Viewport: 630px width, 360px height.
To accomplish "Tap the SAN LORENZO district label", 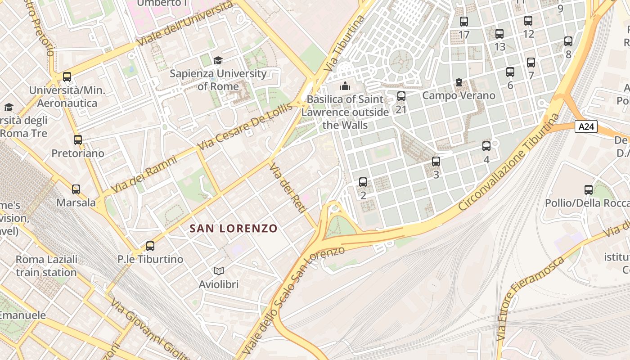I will pos(234,229).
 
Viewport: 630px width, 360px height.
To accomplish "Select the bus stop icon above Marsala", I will pos(76,189).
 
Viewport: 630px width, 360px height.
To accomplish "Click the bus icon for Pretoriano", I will pos(78,140).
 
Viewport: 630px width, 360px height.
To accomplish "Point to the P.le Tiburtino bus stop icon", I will pos(150,246).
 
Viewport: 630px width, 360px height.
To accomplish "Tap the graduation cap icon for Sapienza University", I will pos(218,60).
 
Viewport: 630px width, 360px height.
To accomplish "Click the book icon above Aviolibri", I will pos(219,271).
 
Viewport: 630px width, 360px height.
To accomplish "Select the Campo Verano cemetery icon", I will pos(459,82).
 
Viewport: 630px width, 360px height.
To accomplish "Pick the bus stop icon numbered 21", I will pos(401,96).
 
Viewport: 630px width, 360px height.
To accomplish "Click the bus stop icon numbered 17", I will pos(464,21).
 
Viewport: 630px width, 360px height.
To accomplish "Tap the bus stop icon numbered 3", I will pos(436,162).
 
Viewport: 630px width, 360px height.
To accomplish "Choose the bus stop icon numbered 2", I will pos(363,182).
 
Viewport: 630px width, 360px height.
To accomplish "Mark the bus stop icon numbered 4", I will pos(486,146).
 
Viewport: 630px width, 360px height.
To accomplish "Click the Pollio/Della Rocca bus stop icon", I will pos(589,190).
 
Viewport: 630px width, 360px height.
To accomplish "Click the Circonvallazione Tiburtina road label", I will pos(509,162).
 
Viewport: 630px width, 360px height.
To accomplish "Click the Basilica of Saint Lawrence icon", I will pos(345,86).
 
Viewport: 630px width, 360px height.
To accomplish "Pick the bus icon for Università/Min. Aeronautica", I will pos(67,77).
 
